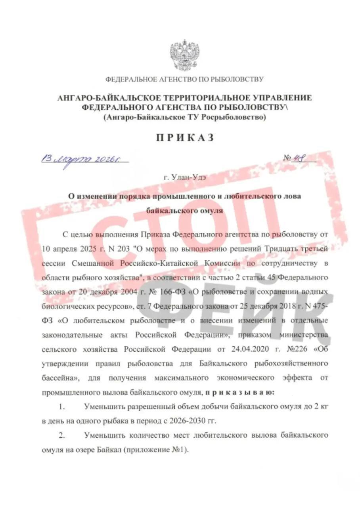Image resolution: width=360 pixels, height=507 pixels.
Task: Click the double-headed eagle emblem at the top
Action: [x=184, y=55]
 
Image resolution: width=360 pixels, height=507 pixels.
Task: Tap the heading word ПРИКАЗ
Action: [x=185, y=137]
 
